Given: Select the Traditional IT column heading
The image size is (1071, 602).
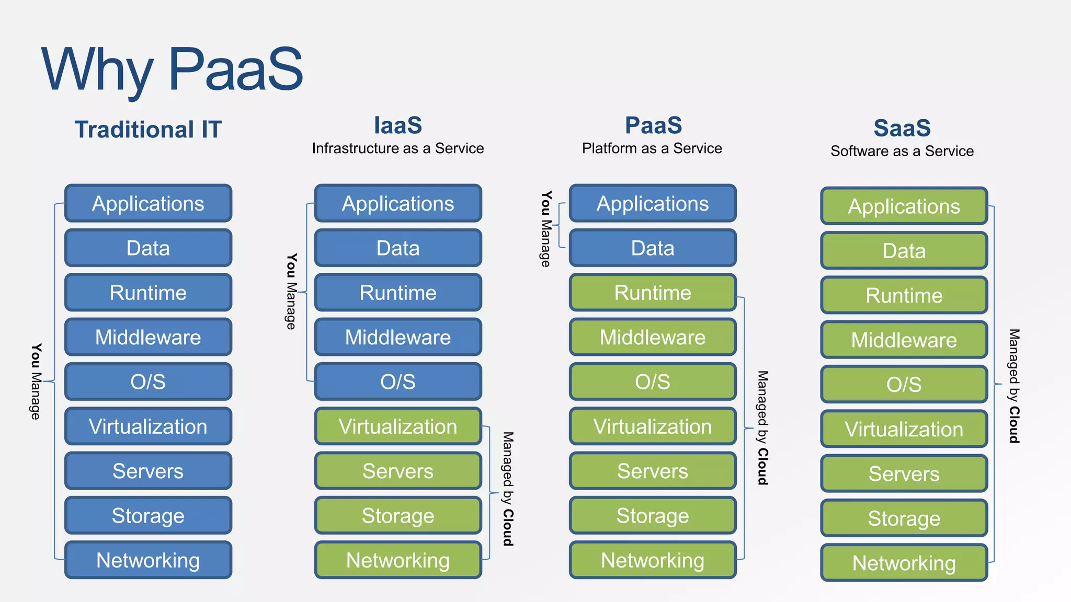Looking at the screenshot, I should click(148, 130).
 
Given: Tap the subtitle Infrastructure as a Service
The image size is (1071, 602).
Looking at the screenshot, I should click(397, 148).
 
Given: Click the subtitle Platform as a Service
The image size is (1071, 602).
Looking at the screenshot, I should click(652, 148).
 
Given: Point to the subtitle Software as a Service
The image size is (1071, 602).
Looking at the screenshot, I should click(902, 152).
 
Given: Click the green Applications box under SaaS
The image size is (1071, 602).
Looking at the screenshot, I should click(904, 206).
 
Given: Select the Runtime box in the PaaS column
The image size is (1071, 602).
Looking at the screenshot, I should click(652, 293).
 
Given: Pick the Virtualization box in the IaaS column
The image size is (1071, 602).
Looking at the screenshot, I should click(397, 426).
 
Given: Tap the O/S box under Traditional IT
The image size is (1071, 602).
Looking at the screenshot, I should click(148, 381).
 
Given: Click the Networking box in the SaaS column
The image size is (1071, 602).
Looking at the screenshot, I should click(904, 563).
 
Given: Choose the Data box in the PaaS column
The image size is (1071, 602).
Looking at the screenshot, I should click(652, 248).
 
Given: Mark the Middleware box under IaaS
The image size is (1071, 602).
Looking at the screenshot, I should click(397, 337).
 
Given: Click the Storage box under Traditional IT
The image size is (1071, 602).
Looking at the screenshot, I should click(148, 516).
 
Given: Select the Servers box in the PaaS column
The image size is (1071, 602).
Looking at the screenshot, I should click(652, 471).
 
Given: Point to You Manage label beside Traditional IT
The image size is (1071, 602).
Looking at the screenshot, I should click(35, 381).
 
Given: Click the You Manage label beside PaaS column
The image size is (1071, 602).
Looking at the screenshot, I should click(545, 229).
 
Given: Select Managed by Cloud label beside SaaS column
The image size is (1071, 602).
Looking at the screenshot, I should click(1014, 386).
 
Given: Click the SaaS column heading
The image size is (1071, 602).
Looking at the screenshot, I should click(902, 128).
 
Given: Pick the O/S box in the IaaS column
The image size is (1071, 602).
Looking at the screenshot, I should click(397, 381).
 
